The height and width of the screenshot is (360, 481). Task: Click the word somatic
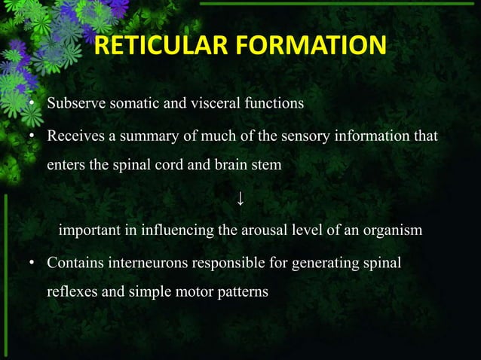(132, 103)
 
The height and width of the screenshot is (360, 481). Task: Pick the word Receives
(74, 136)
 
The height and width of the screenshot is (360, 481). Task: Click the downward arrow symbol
(240, 198)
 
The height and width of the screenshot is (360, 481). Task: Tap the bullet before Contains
(32, 264)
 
